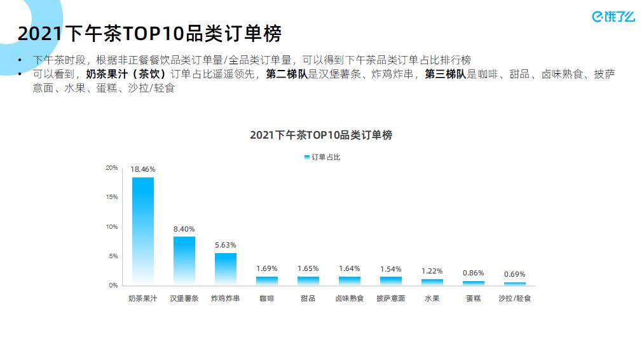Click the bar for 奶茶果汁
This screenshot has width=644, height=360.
(x=142, y=230)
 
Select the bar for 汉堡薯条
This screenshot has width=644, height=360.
(x=184, y=260)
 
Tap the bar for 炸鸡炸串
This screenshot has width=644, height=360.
(x=225, y=268)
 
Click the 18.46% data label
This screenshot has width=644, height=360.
(x=142, y=169)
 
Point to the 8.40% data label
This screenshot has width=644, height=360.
(x=184, y=228)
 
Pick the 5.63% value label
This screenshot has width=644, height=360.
(x=225, y=245)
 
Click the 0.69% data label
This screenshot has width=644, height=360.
(x=514, y=274)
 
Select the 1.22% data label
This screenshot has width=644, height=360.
(x=432, y=271)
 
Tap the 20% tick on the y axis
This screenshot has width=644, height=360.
(x=112, y=168)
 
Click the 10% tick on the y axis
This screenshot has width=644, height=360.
(x=112, y=227)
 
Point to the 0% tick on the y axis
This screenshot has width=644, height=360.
(x=113, y=286)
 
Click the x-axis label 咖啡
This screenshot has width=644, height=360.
(x=266, y=298)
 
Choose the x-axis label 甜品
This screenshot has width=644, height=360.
(x=308, y=298)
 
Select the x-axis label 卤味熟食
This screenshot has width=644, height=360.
(x=349, y=298)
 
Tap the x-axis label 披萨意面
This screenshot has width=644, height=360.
(x=390, y=298)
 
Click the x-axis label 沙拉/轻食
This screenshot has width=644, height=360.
(x=514, y=298)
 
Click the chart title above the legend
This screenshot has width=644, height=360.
(x=321, y=135)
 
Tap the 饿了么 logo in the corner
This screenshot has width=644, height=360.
(x=613, y=17)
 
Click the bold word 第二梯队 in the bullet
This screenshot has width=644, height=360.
(x=286, y=74)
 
